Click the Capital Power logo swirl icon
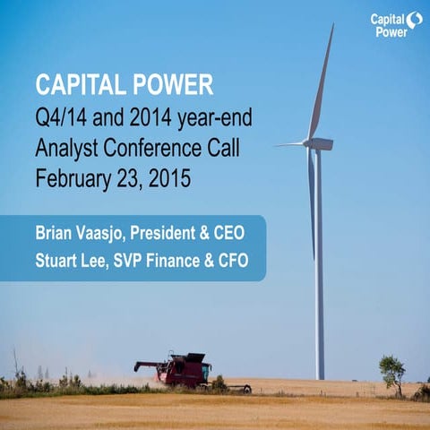point(413,20)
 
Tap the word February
point(73,177)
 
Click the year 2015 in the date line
point(170,177)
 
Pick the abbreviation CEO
point(245,233)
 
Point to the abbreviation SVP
point(127,262)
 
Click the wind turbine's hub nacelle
point(320,143)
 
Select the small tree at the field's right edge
point(391,369)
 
